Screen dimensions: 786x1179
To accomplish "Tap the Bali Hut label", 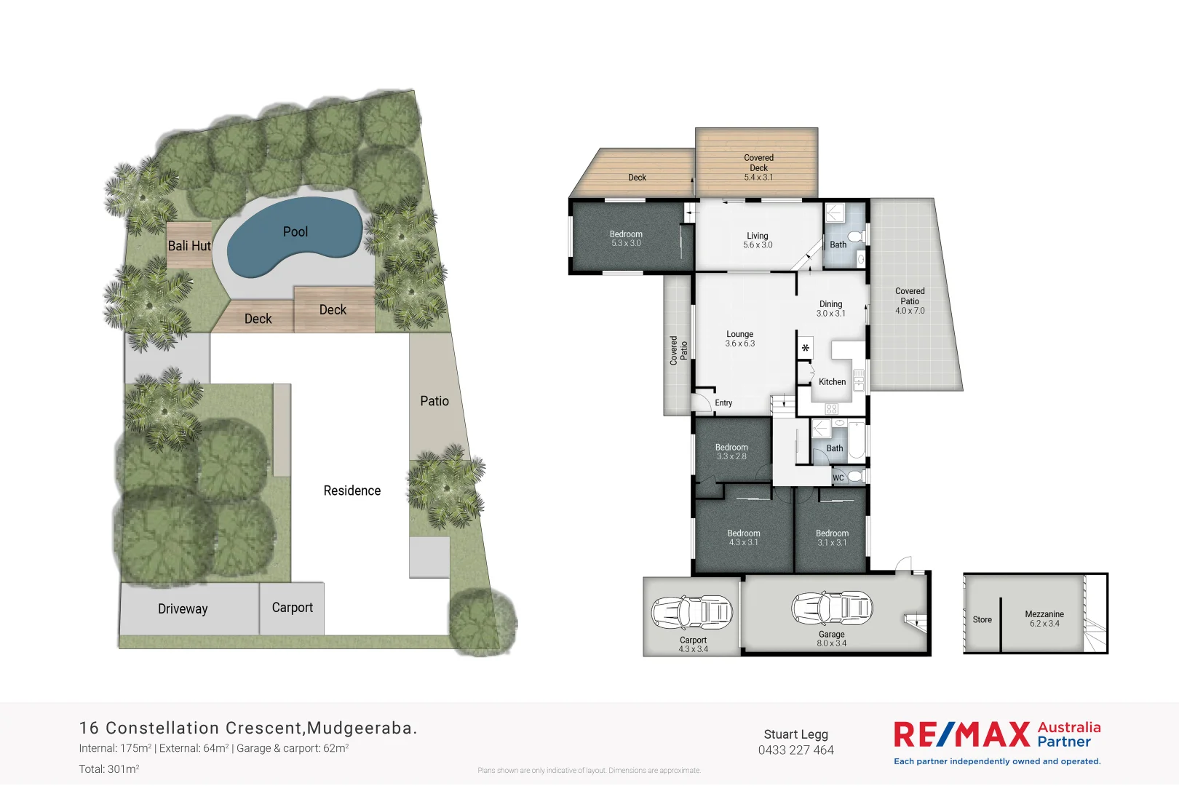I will tap(189, 246).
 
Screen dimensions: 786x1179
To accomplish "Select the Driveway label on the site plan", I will tap(183, 609).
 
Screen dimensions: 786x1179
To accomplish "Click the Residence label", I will tap(352, 491).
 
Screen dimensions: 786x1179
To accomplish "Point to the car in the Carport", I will tap(691, 613).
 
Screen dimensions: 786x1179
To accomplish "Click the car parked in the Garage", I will tap(832, 607).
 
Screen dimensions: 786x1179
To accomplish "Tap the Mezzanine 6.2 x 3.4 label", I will tap(1044, 619).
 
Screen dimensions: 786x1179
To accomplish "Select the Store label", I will tap(982, 620).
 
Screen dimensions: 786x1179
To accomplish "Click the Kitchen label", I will tap(832, 382).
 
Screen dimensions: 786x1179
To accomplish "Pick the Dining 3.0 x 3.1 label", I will tap(830, 309).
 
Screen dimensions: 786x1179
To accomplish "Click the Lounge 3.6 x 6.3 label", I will tap(739, 338).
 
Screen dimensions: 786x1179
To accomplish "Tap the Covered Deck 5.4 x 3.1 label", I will tap(758, 167).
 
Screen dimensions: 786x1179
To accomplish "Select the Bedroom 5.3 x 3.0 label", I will tap(626, 239).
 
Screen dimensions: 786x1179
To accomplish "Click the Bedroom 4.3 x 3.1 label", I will tap(743, 538).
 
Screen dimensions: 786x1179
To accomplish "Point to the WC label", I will tap(838, 478).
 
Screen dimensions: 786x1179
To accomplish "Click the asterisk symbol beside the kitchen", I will tap(806, 349).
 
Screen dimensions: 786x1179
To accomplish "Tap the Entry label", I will tap(723, 403).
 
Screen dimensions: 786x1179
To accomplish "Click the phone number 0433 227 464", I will tap(795, 750).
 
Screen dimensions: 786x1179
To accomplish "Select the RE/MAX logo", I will tap(961, 734).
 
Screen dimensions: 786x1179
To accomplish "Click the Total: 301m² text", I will tap(109, 769).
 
